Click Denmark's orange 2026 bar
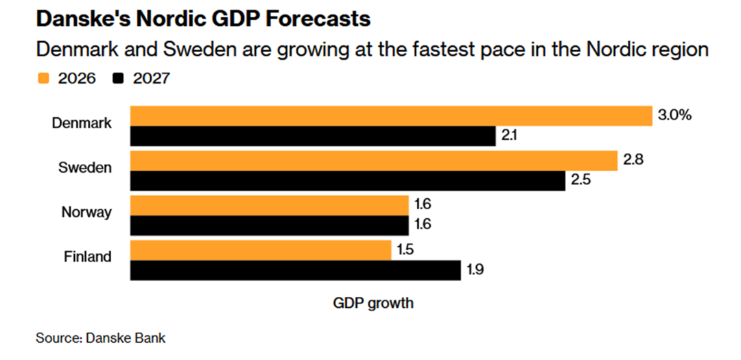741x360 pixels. click(x=391, y=116)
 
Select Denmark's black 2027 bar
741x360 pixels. click(x=313, y=136)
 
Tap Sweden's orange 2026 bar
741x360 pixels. click(x=375, y=161)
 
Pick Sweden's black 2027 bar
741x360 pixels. click(x=348, y=181)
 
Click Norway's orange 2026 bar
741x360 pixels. click(x=270, y=206)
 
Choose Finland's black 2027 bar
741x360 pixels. click(x=296, y=270)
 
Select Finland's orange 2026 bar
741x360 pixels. click(x=261, y=250)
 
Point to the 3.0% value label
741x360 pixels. click(x=674, y=115)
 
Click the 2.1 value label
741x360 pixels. click(x=509, y=136)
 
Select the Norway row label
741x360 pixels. click(x=86, y=212)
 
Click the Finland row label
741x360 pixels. click(x=88, y=257)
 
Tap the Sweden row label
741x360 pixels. click(x=86, y=167)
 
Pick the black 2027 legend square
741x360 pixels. click(x=117, y=78)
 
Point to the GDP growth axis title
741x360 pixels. click(x=373, y=302)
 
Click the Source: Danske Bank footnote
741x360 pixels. click(x=101, y=338)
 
